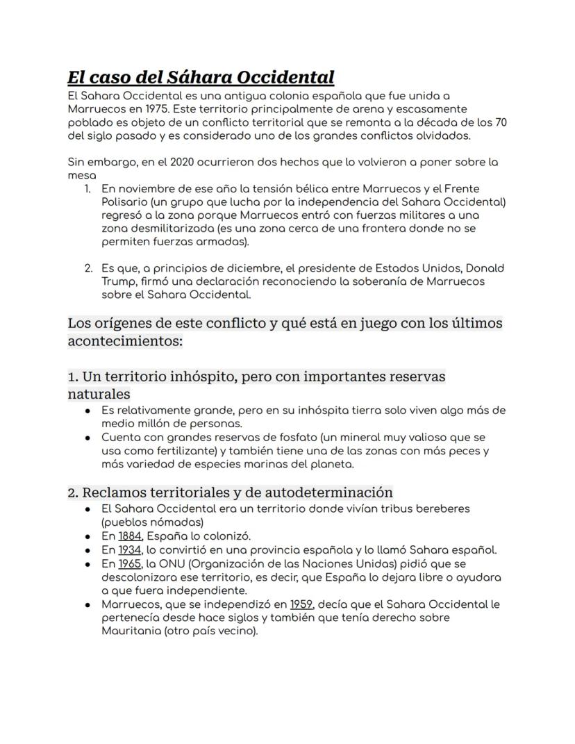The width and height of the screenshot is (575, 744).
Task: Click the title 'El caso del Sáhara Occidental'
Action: (201, 77)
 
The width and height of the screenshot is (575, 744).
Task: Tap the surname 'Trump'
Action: (117, 281)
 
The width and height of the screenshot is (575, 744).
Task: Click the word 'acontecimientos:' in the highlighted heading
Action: (125, 342)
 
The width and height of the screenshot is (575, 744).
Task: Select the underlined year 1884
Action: (129, 536)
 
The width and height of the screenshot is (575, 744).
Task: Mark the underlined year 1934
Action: (129, 549)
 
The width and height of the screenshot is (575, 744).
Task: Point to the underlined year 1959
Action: (301, 604)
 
